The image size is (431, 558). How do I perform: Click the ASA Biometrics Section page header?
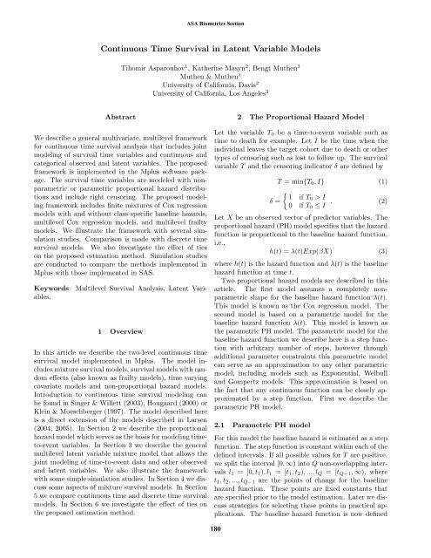coord(215,13)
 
